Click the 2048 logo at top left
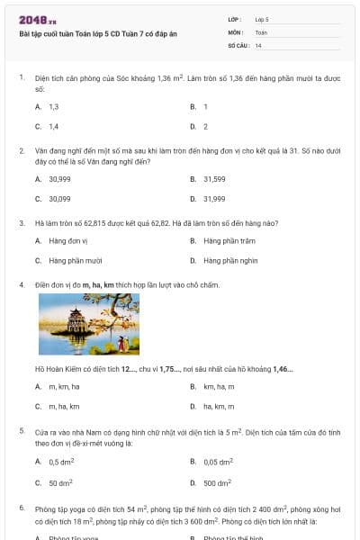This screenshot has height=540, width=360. pos(37,20)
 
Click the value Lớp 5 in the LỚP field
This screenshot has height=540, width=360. pos(262,18)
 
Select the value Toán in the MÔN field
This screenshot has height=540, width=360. pos(261,31)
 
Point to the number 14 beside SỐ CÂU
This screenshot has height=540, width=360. pos(258,45)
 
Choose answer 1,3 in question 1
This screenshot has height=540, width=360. pos(53,106)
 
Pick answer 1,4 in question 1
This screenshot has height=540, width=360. pos(53,126)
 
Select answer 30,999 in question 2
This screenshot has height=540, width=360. pos(59,179)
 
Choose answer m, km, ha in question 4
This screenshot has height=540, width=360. pos(64,386)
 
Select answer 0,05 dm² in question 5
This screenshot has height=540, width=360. pos(218,462)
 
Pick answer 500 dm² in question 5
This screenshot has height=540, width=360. pos(217,482)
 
